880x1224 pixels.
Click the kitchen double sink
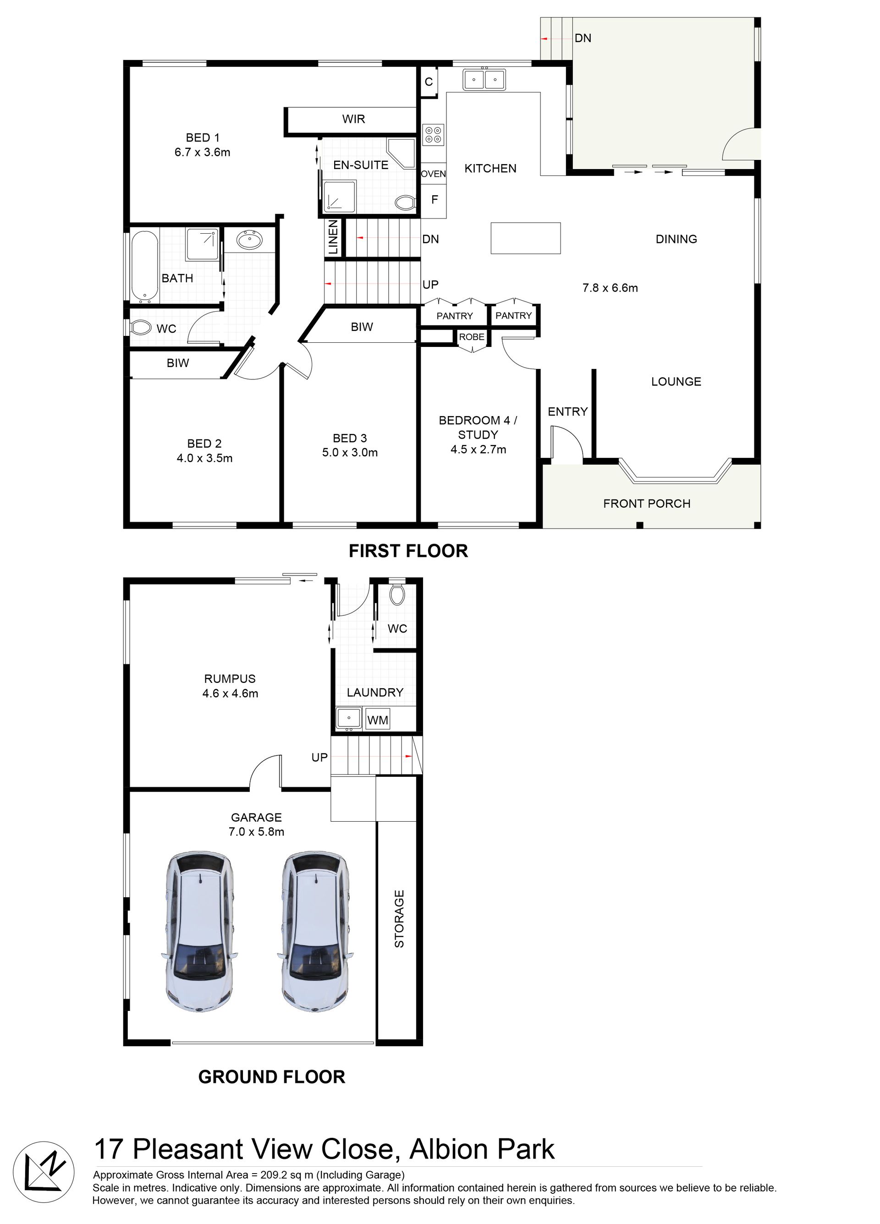point(484,79)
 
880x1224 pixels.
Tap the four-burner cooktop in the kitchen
point(433,135)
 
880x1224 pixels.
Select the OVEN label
point(433,174)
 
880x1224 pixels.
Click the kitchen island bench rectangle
point(525,238)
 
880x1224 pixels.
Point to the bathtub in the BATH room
point(144,265)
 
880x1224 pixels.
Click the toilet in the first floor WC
point(140,328)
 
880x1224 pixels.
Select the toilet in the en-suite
point(405,203)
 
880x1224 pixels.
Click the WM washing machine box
point(377,720)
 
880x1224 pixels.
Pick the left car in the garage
point(199,932)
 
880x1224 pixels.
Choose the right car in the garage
point(316,932)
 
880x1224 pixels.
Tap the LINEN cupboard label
point(333,237)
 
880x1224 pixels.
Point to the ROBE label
point(471,337)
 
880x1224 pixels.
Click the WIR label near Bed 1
point(354,119)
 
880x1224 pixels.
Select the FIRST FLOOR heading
point(408,551)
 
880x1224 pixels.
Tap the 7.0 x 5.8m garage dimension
point(257,832)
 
